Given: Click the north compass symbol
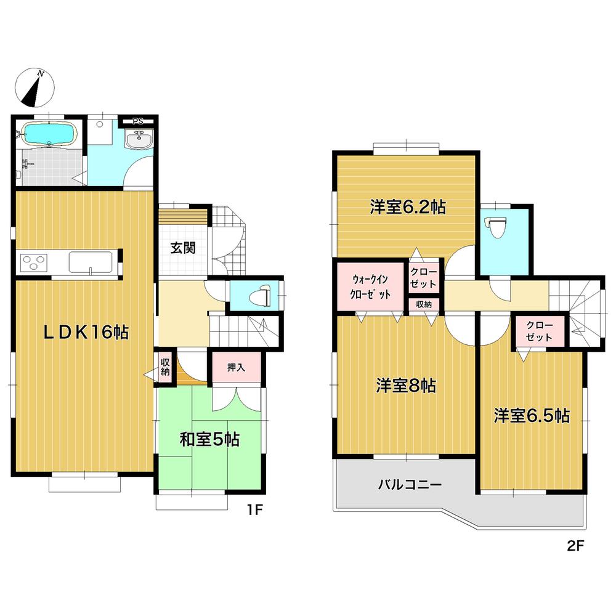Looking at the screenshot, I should pyautogui.click(x=36, y=87).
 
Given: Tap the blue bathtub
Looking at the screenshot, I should pyautogui.click(x=47, y=133).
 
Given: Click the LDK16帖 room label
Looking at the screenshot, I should pyautogui.click(x=86, y=333).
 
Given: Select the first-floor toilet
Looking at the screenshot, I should pyautogui.click(x=259, y=295).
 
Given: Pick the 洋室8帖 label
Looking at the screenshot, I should pyautogui.click(x=407, y=386).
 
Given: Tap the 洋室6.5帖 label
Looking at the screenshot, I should pyautogui.click(x=530, y=416).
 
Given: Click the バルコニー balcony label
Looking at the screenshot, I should pyautogui.click(x=410, y=484).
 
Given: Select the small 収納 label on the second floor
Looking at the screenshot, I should pyautogui.click(x=423, y=304).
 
